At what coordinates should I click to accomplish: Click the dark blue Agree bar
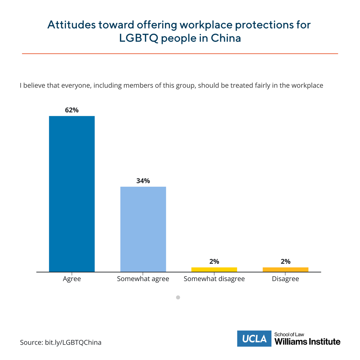coord(72,194)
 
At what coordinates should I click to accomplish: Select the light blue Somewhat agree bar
coord(143,229)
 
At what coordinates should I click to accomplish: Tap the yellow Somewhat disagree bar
coord(214,269)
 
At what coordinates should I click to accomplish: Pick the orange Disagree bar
coord(285,269)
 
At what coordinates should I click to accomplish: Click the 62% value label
coord(72,110)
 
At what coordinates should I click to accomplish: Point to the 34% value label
coord(143,181)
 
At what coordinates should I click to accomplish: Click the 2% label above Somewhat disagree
coord(214,262)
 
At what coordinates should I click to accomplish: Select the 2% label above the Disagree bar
coord(285,262)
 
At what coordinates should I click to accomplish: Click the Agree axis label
coord(72,279)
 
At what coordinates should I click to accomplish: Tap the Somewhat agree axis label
coord(143,279)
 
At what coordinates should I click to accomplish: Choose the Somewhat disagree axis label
coord(214,279)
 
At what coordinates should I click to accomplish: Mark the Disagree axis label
coord(285,279)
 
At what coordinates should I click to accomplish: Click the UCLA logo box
coord(254,339)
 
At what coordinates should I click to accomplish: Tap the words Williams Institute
coord(307,342)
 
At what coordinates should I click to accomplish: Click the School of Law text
coord(289,334)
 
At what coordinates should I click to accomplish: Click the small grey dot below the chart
coord(178,298)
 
